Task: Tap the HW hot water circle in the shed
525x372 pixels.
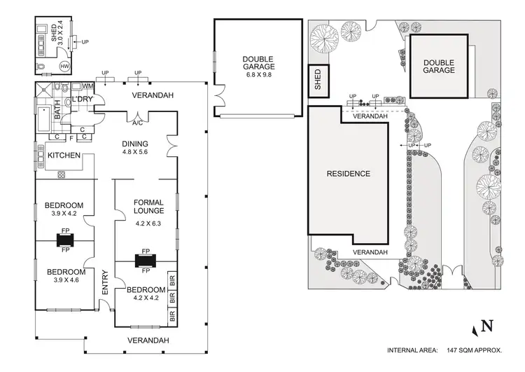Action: click(64, 67)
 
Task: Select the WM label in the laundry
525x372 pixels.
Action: click(87, 86)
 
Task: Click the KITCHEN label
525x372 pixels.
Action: click(64, 156)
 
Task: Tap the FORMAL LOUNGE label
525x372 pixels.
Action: click(148, 207)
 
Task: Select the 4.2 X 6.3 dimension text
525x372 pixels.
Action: click(148, 225)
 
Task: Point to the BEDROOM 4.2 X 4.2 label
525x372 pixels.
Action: click(145, 294)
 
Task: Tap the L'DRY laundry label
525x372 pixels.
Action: click(83, 99)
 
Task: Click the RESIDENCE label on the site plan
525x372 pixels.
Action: click(348, 174)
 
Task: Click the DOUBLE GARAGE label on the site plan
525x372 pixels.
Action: click(439, 66)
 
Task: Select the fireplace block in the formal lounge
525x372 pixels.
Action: click(146, 261)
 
